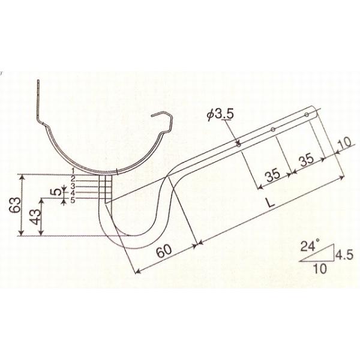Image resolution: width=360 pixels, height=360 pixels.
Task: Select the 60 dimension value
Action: tap(164, 251)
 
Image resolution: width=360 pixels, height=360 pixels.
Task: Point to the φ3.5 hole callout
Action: tap(220, 114)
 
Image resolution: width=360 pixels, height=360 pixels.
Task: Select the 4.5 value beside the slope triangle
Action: tap(344, 254)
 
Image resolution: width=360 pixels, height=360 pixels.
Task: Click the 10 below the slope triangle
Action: tap(320, 268)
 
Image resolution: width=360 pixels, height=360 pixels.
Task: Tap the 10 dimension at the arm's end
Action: tap(345, 143)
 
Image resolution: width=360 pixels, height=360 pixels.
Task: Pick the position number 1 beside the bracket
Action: tap(73, 170)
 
